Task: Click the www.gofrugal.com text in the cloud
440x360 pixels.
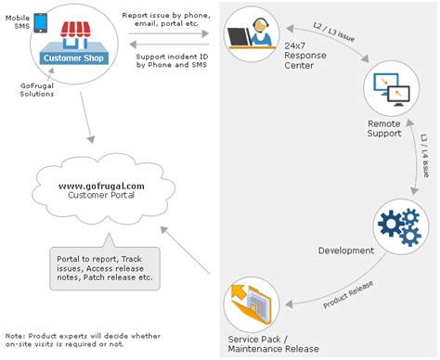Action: tap(101, 186)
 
